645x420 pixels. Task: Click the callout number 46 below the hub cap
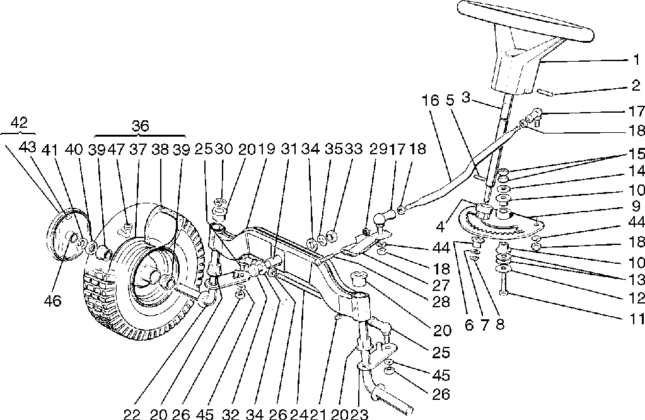53,301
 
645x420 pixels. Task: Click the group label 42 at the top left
20,122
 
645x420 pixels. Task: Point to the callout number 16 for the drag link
430,101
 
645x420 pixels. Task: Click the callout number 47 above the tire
115,150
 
